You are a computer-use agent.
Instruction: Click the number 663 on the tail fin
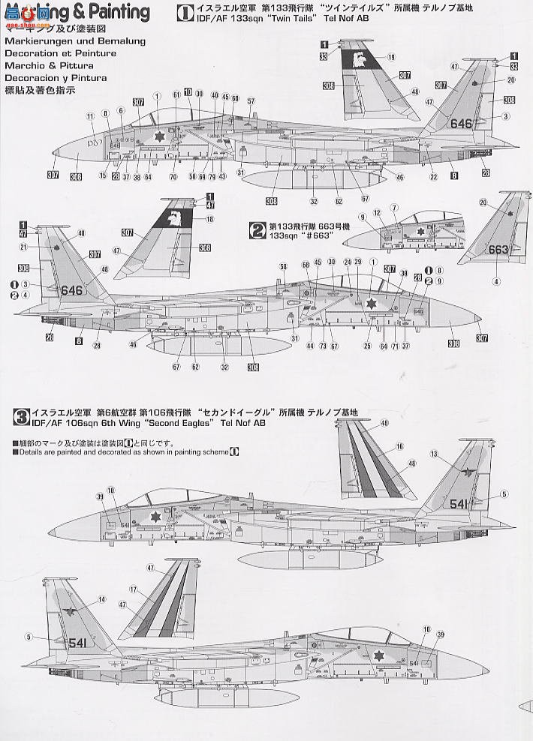(498, 250)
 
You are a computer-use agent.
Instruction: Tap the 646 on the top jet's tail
(460, 124)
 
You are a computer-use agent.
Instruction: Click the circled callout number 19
(392, 57)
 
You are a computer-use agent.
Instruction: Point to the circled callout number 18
(209, 219)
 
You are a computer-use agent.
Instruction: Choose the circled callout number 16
(399, 446)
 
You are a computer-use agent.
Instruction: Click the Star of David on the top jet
(158, 136)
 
